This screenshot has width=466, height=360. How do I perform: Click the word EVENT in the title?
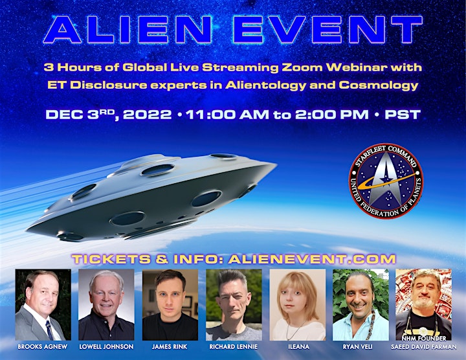[327, 30]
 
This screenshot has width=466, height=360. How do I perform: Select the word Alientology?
[265, 85]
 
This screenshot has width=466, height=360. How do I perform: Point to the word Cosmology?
[379, 85]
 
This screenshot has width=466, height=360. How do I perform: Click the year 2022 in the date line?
[147, 115]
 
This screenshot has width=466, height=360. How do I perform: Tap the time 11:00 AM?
[227, 115]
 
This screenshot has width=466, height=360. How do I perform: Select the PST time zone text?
[403, 115]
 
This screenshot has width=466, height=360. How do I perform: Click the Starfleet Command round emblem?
[386, 181]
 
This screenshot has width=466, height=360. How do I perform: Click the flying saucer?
[151, 196]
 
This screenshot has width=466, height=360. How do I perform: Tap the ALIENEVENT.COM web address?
[312, 259]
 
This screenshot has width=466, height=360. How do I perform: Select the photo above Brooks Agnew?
[43, 305]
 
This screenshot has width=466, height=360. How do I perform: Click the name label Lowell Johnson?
[106, 346]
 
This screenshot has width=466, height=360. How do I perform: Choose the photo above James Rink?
[170, 305]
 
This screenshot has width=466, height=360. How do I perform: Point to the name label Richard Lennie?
[234, 346]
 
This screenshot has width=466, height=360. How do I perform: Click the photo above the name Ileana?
[298, 305]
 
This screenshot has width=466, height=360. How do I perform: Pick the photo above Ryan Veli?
[361, 305]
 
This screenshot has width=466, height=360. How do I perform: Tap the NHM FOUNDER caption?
[423, 339]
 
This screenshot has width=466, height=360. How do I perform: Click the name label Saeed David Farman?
[423, 346]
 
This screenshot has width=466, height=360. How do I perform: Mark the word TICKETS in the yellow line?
[111, 259]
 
